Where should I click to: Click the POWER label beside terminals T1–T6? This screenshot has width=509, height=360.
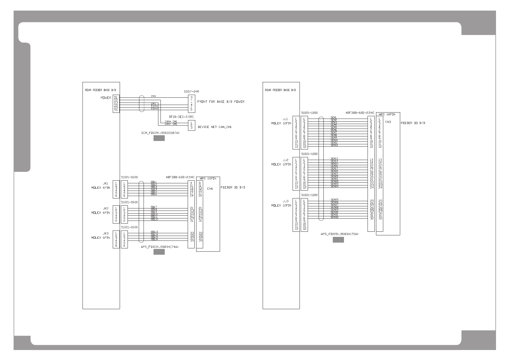point(105,98)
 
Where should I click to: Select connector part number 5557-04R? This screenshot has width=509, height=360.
point(191,91)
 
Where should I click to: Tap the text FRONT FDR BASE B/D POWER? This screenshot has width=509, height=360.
point(221,102)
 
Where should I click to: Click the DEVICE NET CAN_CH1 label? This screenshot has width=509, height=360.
point(214,127)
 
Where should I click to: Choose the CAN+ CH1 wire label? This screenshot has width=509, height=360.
point(171,122)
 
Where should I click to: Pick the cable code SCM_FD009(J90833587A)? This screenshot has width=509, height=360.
point(160,133)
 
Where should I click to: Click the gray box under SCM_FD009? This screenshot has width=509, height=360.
point(159,138)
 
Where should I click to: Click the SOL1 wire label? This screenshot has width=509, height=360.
point(154,182)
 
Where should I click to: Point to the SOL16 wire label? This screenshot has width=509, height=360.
point(154,239)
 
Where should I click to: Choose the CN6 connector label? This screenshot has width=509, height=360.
point(210,188)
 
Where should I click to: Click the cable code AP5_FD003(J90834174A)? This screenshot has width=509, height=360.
point(160,247)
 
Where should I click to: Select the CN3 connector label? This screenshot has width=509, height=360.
point(388,122)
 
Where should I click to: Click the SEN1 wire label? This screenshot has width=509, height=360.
point(334,117)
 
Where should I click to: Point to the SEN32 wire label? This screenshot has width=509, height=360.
point(334,217)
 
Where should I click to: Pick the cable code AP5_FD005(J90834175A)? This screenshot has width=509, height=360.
point(339,234)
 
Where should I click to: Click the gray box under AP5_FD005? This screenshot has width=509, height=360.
point(338,240)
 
